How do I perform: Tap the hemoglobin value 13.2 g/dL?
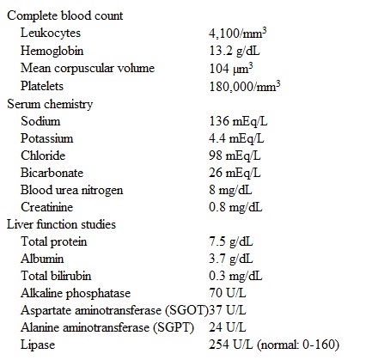[x=235, y=52]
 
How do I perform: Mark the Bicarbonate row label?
[x=53, y=172]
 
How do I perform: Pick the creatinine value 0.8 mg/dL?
[x=235, y=207]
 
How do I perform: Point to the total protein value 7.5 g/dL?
[x=232, y=241]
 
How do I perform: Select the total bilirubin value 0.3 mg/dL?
[x=235, y=276]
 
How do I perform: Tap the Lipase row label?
[x=40, y=345]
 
